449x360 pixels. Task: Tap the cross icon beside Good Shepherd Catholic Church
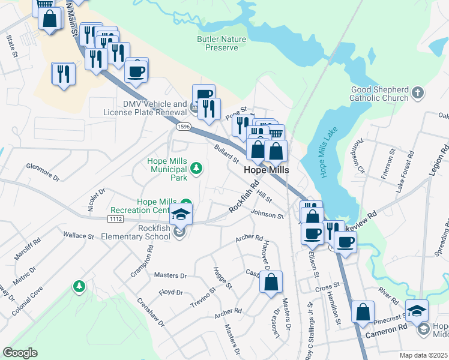pos(418,94)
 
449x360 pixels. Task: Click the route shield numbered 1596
pos(184,127)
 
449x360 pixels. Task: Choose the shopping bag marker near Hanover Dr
pos(271,282)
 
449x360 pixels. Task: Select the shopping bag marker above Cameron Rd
pos(363,312)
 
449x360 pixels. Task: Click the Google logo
pos(20,352)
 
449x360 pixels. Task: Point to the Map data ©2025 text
pos(423,355)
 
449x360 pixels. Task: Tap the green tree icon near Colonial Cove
pos(79,287)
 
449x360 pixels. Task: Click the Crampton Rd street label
pos(141,261)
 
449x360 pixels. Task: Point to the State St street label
pos(11,47)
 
